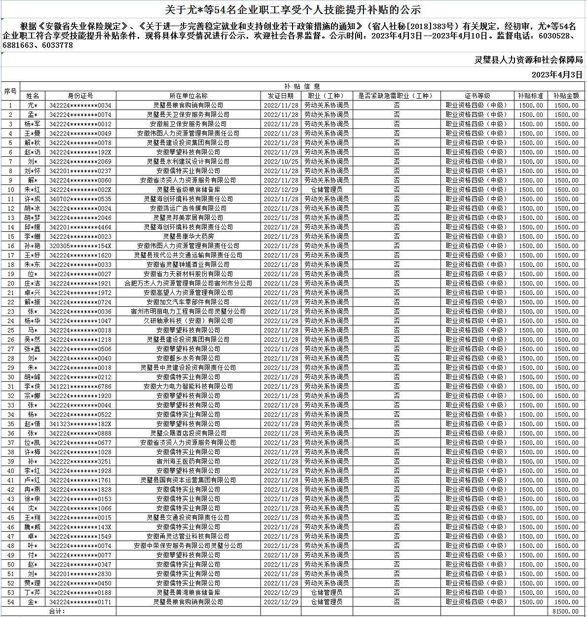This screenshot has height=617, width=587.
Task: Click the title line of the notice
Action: tap(293, 9)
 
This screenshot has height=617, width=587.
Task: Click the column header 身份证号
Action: tap(80, 96)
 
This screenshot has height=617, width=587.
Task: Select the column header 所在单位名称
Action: tap(188, 96)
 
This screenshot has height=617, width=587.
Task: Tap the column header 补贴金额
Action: tap(566, 96)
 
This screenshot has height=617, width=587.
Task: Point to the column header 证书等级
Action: tap(477, 96)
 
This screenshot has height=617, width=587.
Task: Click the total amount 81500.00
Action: tap(566, 612)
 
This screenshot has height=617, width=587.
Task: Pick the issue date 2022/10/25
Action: tap(281, 162)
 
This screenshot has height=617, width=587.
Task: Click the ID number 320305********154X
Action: tap(80, 246)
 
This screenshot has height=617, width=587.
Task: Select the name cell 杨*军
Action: tap(33, 124)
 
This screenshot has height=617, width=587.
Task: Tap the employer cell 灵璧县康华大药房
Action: tap(188, 237)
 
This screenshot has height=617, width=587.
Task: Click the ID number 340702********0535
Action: tap(80, 199)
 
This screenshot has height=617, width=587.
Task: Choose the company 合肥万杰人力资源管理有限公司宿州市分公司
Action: tap(188, 284)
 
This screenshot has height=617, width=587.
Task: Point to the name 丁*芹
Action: tap(33, 593)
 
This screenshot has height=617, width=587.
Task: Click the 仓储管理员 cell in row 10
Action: tap(327, 190)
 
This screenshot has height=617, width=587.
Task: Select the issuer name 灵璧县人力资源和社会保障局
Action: tap(528, 60)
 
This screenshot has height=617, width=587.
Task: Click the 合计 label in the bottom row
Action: tap(57, 612)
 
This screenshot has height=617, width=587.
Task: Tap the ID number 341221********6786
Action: tap(80, 387)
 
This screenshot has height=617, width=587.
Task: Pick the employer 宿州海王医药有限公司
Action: tap(188, 462)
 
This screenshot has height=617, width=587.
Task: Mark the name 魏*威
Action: tap(33, 527)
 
